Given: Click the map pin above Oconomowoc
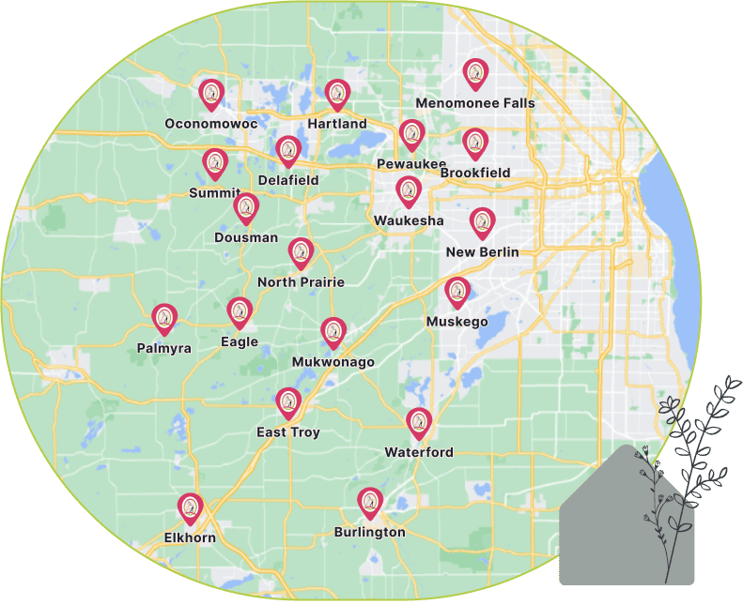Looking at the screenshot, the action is click(211, 94).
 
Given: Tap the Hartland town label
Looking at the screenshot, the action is click(337, 124).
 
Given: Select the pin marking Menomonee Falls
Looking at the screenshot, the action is click(476, 74).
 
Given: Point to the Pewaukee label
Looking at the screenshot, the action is click(411, 164).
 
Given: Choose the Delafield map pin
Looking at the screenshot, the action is click(288, 151).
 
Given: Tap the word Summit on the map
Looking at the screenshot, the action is click(215, 193).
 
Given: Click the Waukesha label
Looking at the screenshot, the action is click(409, 220).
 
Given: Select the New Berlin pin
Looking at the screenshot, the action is click(483, 223).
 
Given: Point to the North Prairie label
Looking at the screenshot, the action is click(301, 282).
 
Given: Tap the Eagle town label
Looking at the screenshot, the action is click(240, 342).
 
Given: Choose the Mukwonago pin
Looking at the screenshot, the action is click(333, 333).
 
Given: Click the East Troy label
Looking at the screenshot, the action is click(288, 432).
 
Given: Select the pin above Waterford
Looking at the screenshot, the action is click(419, 424).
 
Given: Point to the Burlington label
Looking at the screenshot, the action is click(370, 533).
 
